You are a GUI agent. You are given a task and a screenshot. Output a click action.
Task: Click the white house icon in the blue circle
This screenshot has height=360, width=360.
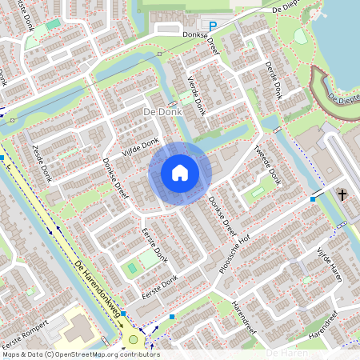(180, 173)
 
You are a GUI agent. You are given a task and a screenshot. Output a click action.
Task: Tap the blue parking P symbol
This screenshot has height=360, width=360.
(213, 27)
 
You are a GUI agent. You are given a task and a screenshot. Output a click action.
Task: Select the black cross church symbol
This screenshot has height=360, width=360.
(342, 195)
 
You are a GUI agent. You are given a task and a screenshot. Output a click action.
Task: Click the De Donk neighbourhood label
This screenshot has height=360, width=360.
(162, 113)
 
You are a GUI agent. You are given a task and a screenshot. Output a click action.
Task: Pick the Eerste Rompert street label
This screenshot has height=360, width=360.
(31, 330)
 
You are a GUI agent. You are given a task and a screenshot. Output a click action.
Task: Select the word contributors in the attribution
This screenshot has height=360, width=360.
(141, 354)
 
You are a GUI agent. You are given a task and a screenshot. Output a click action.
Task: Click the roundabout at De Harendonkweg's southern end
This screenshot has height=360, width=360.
(134, 340)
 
